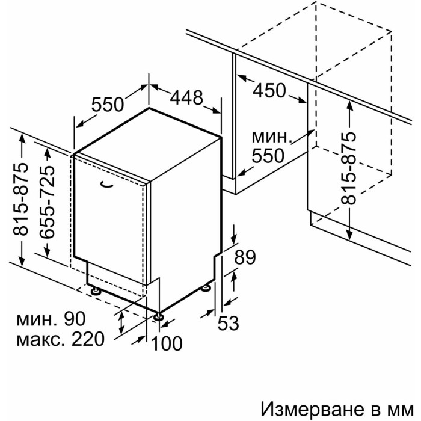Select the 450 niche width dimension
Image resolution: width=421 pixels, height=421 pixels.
click(269, 90)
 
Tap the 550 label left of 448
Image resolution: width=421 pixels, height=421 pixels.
click(108, 104)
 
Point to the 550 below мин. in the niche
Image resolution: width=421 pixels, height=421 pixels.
click(268, 155)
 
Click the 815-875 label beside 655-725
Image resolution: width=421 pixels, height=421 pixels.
click(20, 198)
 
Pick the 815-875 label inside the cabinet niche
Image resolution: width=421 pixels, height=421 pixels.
click(348, 168)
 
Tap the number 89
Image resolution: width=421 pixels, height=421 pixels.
click(245, 257)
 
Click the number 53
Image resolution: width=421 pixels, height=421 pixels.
click(228, 323)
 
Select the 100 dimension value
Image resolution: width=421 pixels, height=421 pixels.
click(167, 343)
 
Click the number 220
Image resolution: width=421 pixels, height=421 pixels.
click(87, 339)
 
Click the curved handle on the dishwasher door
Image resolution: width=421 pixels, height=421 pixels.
click(106, 185)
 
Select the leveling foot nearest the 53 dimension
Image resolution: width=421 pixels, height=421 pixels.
click(206, 288)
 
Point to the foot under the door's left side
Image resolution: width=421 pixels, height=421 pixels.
click(96, 291)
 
